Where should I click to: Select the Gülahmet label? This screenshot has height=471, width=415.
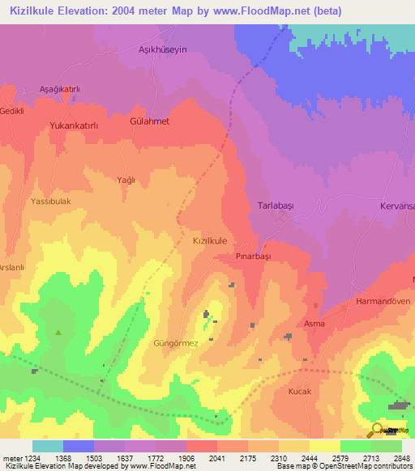(x=150, y=121)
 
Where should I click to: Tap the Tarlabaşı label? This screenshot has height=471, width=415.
(x=275, y=206)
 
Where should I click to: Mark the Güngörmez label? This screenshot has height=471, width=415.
(x=176, y=343)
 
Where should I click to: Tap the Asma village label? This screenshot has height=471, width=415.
(x=314, y=324)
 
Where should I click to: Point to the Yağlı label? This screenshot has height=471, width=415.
(x=126, y=180)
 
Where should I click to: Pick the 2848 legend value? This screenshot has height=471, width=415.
(x=392, y=458)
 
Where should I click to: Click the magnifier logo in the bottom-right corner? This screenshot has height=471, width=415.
(x=378, y=431)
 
